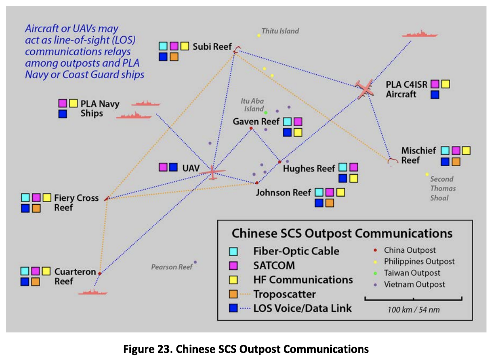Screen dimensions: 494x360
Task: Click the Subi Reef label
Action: click(x=212, y=47)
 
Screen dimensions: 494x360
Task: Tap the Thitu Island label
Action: click(x=280, y=31)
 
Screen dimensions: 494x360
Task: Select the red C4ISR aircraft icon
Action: click(x=365, y=88)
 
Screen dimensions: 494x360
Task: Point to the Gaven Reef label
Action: click(x=256, y=122)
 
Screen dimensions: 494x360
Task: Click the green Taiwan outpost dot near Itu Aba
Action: click(x=266, y=112)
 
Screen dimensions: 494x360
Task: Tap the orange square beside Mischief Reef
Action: click(x=456, y=162)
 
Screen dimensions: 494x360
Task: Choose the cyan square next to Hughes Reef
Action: click(x=343, y=167)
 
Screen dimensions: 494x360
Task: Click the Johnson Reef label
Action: click(x=283, y=193)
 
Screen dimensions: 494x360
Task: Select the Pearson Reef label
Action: click(x=172, y=267)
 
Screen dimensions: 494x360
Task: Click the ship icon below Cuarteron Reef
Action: click(x=93, y=292)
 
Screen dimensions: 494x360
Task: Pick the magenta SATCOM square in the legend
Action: click(x=234, y=266)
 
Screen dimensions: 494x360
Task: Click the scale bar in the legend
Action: click(x=413, y=299)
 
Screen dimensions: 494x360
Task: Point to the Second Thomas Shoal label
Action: click(x=443, y=188)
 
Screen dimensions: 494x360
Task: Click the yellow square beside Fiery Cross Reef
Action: click(x=47, y=198)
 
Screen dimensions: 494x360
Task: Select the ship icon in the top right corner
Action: click(x=420, y=34)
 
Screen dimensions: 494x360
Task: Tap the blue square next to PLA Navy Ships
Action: click(x=63, y=114)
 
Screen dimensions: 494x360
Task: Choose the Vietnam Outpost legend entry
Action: click(x=410, y=284)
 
